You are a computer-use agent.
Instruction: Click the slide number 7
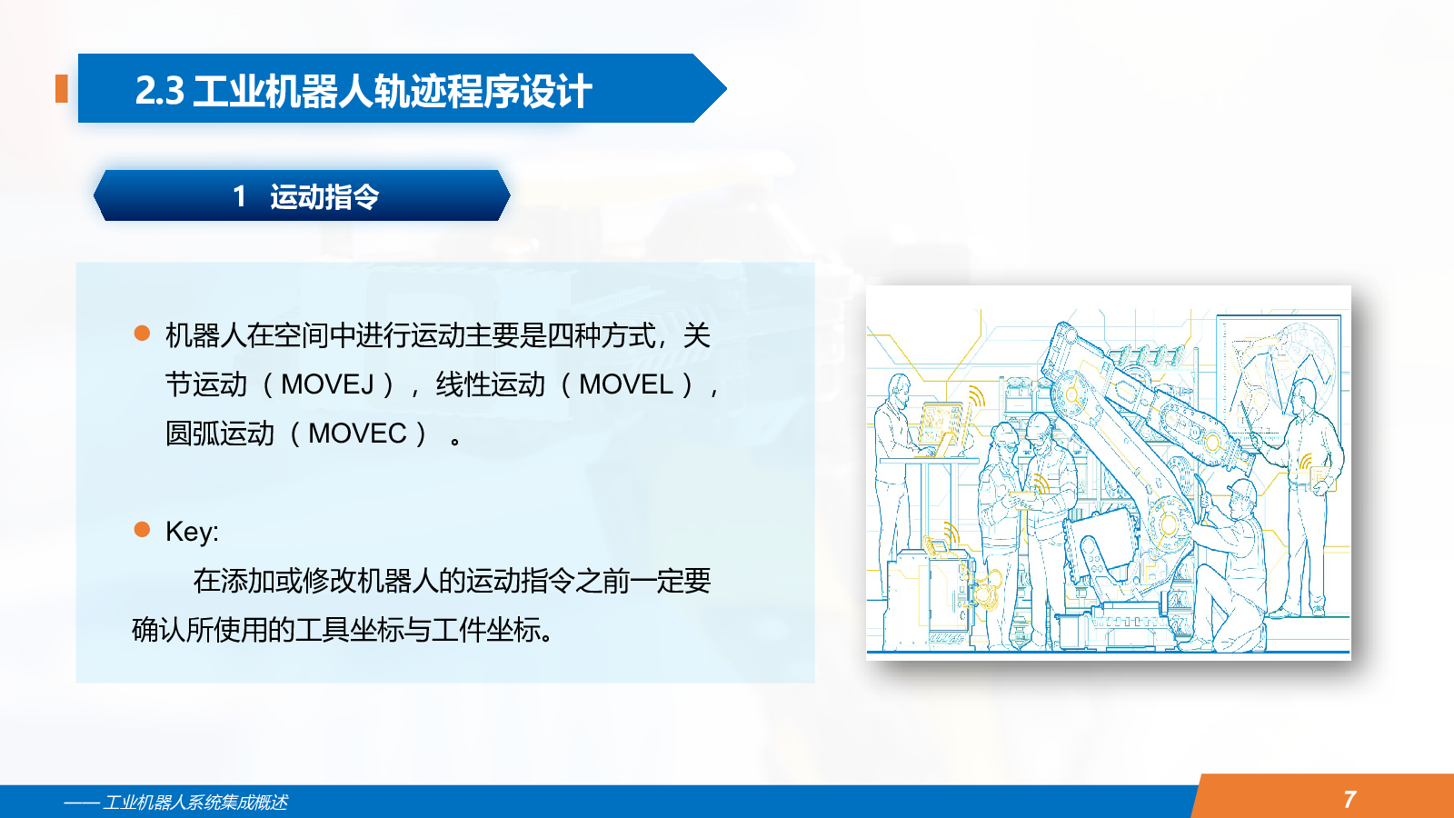point(1350,799)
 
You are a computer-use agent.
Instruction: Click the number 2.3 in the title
point(160,90)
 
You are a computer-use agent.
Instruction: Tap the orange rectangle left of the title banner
point(62,88)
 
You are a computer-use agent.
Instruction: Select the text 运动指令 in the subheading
point(324,196)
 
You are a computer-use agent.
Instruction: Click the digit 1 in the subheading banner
point(240,196)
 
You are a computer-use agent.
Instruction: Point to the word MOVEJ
point(327,384)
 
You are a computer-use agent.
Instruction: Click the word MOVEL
point(626,384)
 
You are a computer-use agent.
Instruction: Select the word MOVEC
point(358,434)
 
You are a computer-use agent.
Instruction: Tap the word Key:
point(192,532)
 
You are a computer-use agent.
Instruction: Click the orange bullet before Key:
point(142,529)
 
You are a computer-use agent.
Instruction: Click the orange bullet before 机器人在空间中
point(142,334)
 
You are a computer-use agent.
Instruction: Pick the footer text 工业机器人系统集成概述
point(195,803)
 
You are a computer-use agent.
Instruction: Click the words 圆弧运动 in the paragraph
point(220,434)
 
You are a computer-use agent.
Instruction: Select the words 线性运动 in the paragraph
point(491,384)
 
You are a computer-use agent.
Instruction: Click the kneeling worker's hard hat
point(1242,492)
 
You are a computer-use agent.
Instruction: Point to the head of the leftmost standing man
point(900,391)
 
